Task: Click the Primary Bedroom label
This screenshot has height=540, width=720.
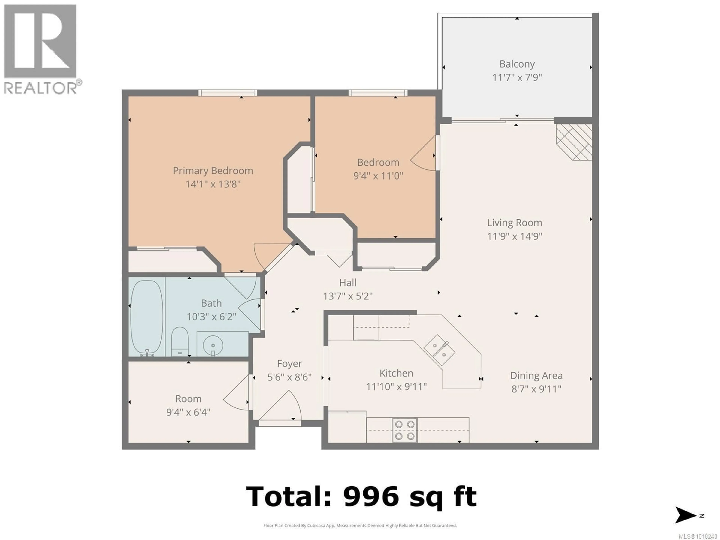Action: point(213,171)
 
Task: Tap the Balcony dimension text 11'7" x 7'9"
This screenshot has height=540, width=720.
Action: point(517,77)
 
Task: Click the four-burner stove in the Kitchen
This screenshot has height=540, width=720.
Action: point(405,430)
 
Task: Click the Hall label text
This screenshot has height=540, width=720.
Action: point(348,283)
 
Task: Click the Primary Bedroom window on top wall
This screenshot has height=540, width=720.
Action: point(228,93)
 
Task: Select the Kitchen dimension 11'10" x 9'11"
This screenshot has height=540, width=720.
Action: point(396,387)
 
